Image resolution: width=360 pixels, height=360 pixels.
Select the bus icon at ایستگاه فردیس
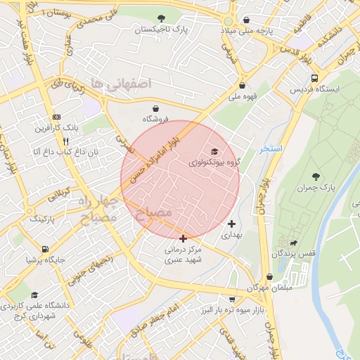314,78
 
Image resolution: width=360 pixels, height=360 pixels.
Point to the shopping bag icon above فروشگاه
155,108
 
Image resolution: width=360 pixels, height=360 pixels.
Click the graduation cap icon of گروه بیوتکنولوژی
214,151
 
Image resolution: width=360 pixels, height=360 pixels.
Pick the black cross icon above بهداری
232,224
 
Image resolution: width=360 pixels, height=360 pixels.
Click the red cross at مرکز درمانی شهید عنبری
184,239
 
